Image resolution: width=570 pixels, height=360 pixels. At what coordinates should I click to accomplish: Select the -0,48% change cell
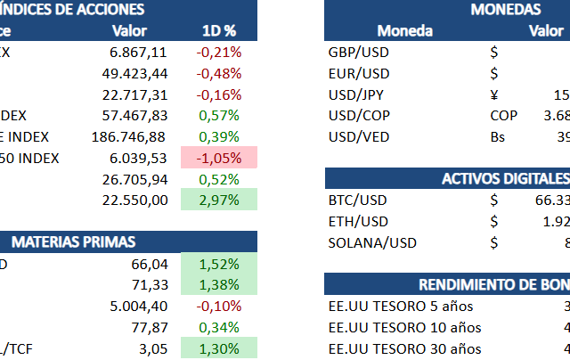tap(218, 73)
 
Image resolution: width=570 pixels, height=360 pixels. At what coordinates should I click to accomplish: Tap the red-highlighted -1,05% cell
tap(218, 158)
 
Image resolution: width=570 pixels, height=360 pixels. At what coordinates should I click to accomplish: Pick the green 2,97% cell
tap(218, 200)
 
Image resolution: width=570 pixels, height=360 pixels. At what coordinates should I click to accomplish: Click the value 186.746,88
tap(128, 136)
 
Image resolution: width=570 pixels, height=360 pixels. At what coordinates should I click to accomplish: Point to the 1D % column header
tap(218, 31)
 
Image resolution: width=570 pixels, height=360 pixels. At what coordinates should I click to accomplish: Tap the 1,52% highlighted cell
tap(218, 264)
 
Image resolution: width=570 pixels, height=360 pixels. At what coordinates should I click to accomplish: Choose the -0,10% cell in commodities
tap(218, 306)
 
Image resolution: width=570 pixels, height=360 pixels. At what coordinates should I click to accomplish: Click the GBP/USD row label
tap(359, 53)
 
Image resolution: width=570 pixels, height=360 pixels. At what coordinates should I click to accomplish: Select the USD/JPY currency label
tap(358, 94)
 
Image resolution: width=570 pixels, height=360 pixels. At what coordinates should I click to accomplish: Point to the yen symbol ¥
tap(494, 94)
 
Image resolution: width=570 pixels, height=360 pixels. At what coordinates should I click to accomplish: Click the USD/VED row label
tap(359, 136)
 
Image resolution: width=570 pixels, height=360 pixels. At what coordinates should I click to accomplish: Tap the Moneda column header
tap(405, 31)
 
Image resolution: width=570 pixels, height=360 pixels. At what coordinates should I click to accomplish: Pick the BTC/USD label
tap(358, 200)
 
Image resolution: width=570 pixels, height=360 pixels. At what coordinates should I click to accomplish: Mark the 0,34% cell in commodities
tap(218, 327)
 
